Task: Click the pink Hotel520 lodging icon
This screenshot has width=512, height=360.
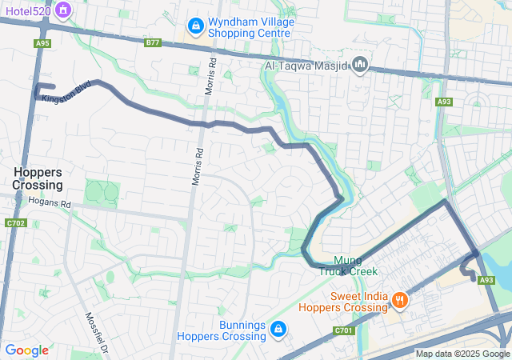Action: pyautogui.click(x=65, y=11)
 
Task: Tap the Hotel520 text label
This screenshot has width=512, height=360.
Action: pyautogui.click(x=29, y=11)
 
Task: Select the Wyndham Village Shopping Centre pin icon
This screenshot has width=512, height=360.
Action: pyautogui.click(x=195, y=27)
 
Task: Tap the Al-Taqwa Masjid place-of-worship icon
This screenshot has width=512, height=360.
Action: pyautogui.click(x=360, y=64)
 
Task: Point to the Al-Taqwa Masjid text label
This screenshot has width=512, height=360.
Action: pyautogui.click(x=307, y=65)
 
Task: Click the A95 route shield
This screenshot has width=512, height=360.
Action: pyautogui.click(x=42, y=44)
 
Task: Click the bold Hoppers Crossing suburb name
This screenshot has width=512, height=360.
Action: pyautogui.click(x=38, y=178)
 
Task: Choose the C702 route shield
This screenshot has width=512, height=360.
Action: pyautogui.click(x=15, y=223)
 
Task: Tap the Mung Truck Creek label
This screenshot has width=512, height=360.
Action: pyautogui.click(x=348, y=266)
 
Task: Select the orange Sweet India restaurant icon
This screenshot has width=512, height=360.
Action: pyautogui.click(x=398, y=301)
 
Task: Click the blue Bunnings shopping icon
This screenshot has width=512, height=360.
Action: pyautogui.click(x=277, y=329)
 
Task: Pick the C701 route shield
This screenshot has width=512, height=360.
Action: pyautogui.click(x=343, y=330)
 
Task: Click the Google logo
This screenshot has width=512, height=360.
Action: pyautogui.click(x=26, y=350)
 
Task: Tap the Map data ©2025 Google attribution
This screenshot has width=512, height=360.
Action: pyautogui.click(x=462, y=354)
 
